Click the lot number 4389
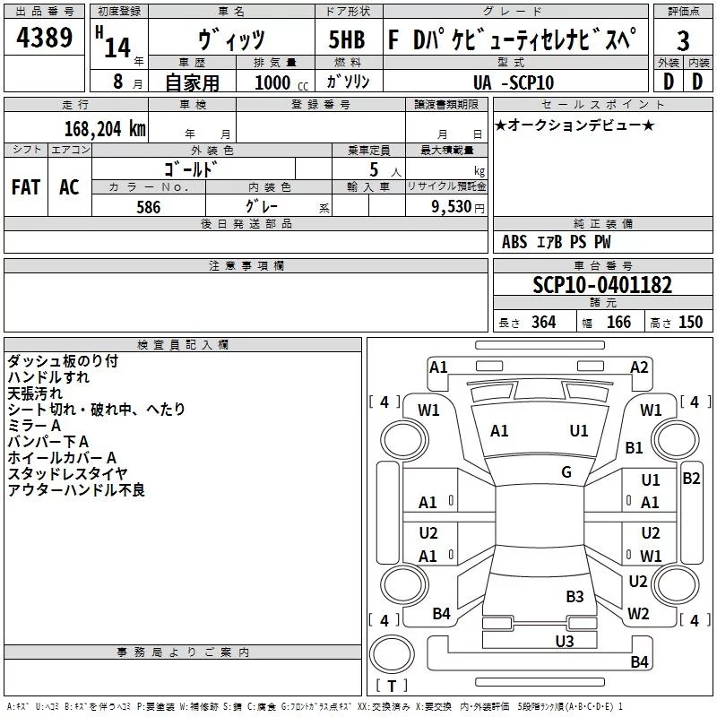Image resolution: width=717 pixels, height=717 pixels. pos(44,38)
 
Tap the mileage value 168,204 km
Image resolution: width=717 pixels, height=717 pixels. pos(105,129)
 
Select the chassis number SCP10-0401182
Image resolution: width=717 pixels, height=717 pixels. pos(602,285)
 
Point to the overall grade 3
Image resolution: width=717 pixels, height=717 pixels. pos(683,41)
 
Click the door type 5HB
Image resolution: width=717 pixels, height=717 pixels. pos(347,39)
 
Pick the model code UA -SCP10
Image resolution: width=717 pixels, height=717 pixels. pos(514,82)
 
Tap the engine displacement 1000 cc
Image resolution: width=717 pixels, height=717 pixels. pos(281,82)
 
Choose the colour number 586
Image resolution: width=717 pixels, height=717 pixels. pos(149,207)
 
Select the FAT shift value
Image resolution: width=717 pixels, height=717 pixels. pos(26,187)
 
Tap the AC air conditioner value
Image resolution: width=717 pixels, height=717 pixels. pos(69,187)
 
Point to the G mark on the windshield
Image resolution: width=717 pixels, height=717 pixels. pos(566,472)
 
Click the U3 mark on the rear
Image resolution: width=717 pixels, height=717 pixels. pos(565,641)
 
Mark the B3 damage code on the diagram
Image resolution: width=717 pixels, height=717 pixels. pos(574,596)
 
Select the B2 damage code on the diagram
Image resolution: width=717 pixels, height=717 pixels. pos(691,479)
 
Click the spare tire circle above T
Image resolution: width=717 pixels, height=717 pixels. pos(392,653)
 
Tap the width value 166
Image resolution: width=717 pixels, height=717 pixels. pos(618,323)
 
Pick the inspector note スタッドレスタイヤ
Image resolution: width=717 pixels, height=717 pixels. pos(67,474)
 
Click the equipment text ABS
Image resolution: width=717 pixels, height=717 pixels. pos(514,242)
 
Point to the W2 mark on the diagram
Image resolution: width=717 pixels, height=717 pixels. pos(638,613)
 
